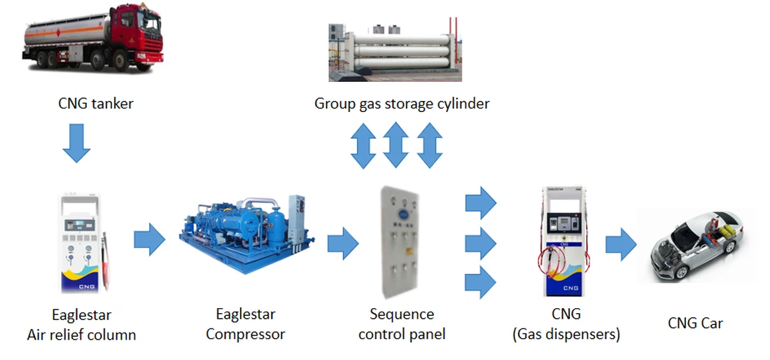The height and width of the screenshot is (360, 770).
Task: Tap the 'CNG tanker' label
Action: pos(96,104)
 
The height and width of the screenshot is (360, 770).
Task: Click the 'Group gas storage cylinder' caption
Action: pos(402,104)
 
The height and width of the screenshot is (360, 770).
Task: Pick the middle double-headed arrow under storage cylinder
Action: pos(396,145)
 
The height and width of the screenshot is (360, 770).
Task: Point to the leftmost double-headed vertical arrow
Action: pos(363,145)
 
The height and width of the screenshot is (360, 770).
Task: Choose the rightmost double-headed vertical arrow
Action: pos(429,145)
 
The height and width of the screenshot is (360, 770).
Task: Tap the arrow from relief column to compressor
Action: pos(148,240)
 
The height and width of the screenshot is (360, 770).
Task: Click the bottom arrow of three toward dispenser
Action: pos(480,282)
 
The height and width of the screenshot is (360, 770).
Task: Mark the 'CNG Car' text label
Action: pos(695,323)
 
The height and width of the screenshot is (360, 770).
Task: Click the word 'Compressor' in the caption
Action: pos(246,334)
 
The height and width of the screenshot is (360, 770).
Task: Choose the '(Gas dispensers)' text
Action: pos(566,334)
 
